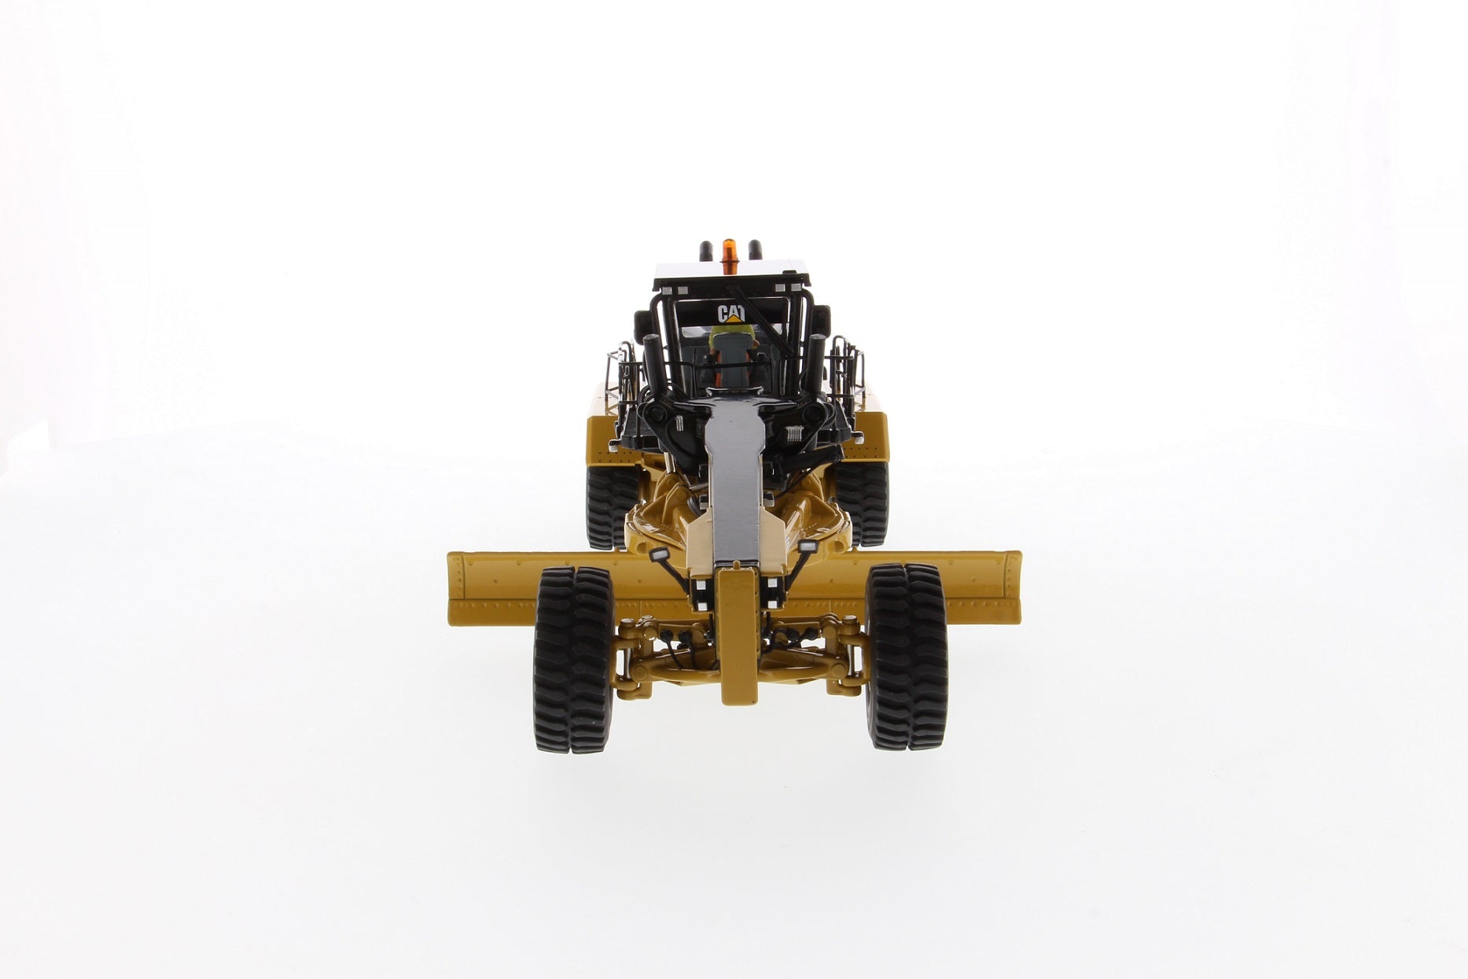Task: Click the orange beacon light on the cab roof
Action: click(x=730, y=248)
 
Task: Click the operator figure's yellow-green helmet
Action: click(x=731, y=337)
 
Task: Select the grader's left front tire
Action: click(x=573, y=658)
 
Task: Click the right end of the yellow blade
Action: click(x=1017, y=586)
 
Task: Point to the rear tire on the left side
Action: click(x=611, y=505)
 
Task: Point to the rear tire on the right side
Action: click(x=862, y=503)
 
